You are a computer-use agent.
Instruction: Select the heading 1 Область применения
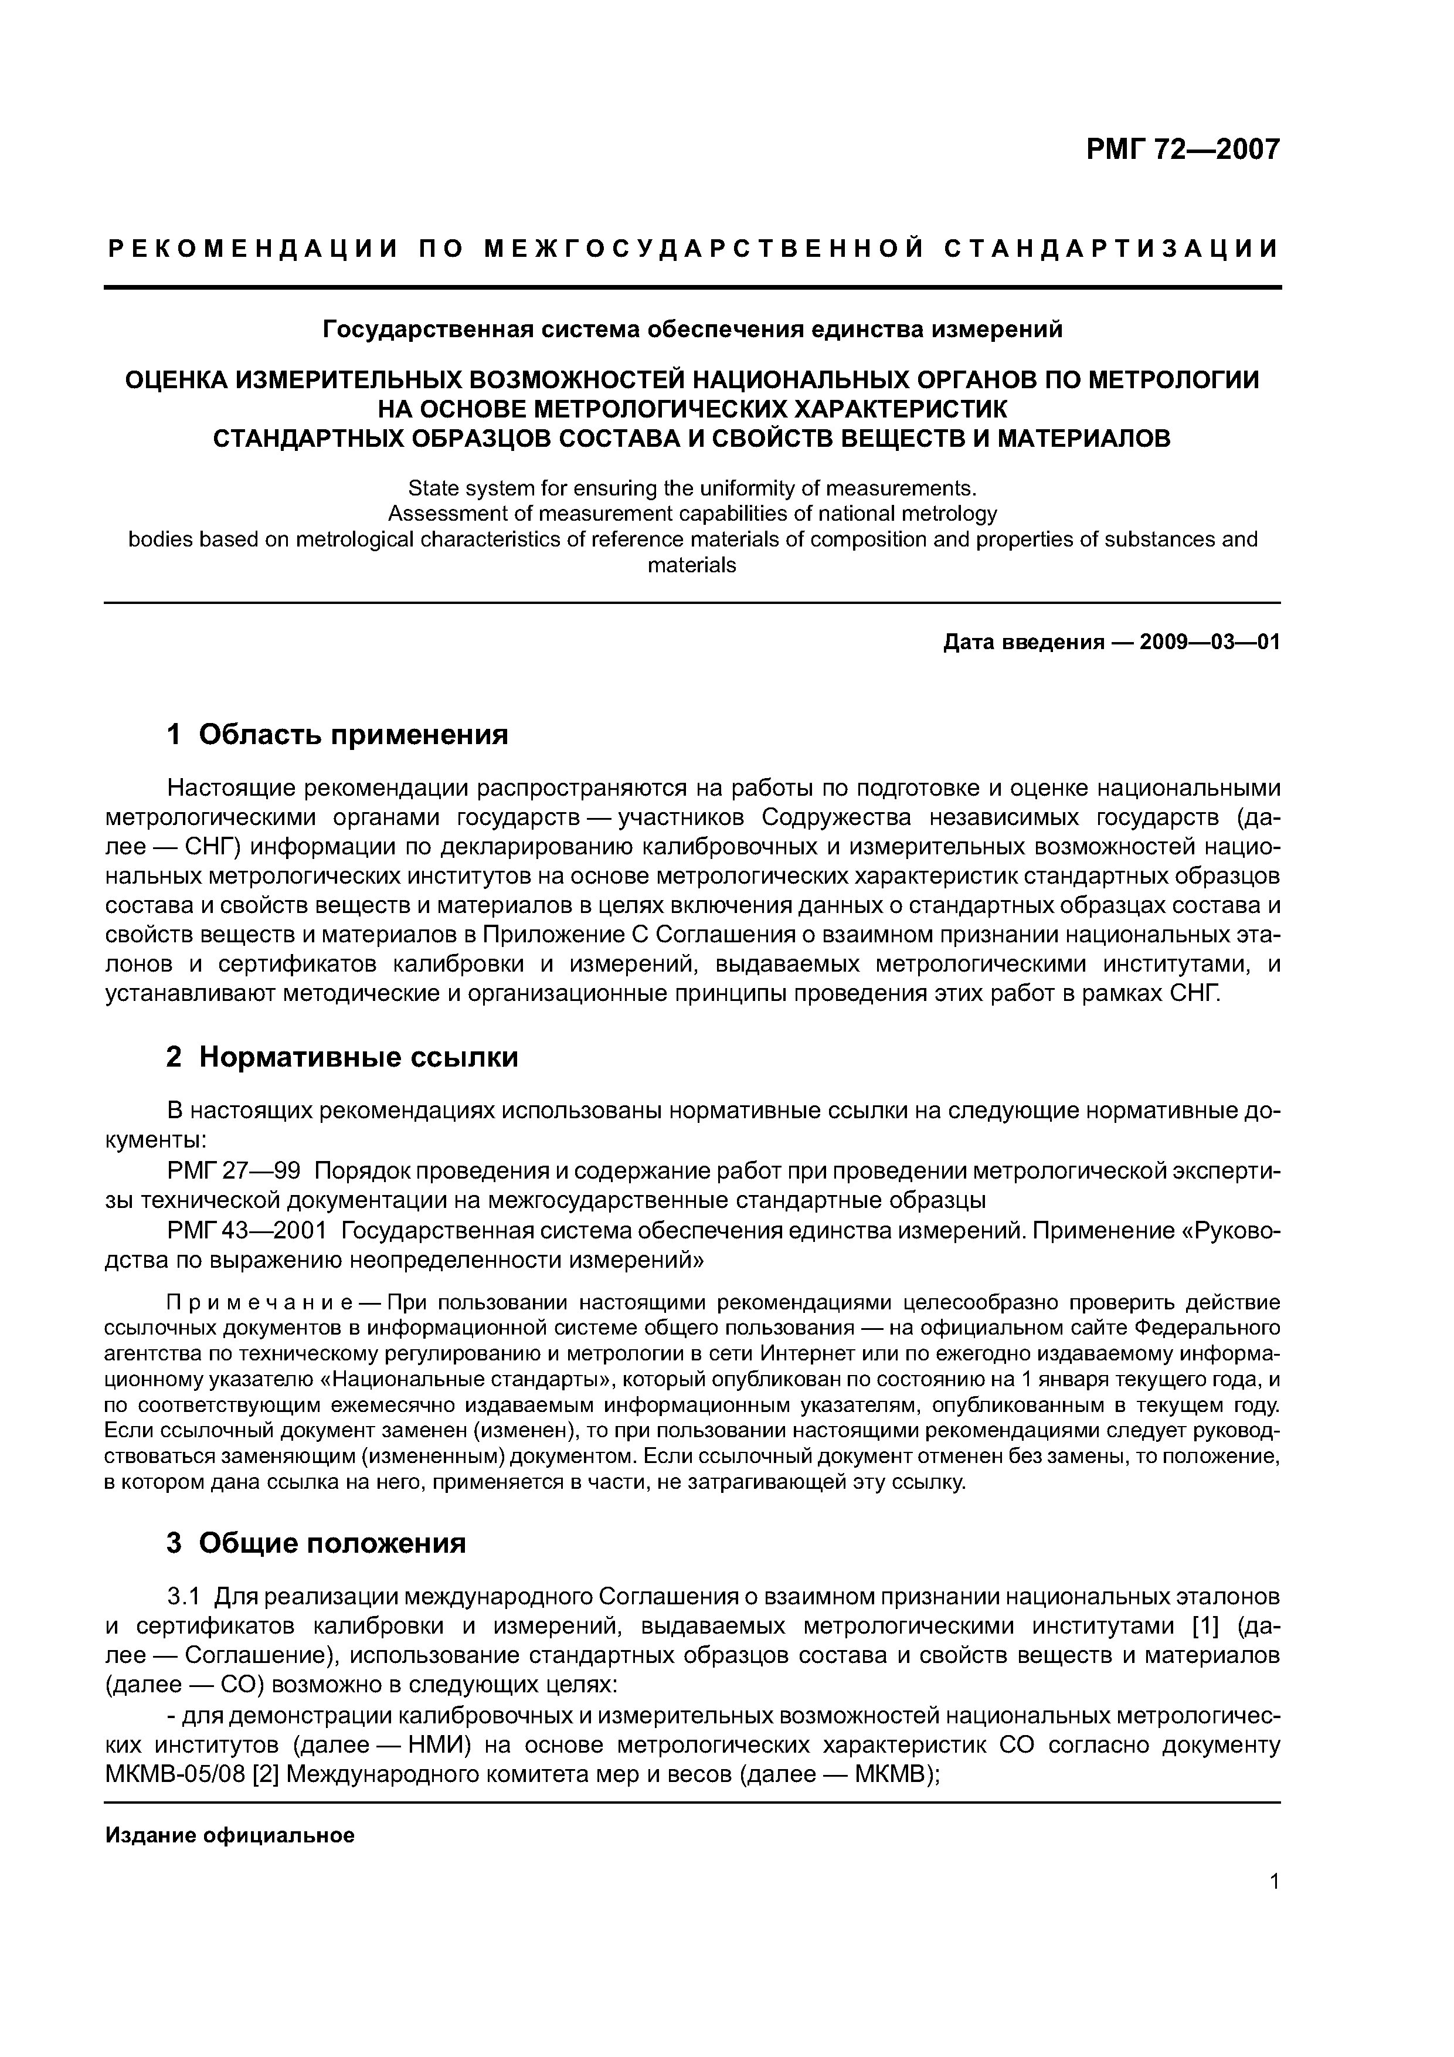(x=337, y=735)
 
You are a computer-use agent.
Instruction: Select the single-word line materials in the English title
(x=692, y=565)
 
